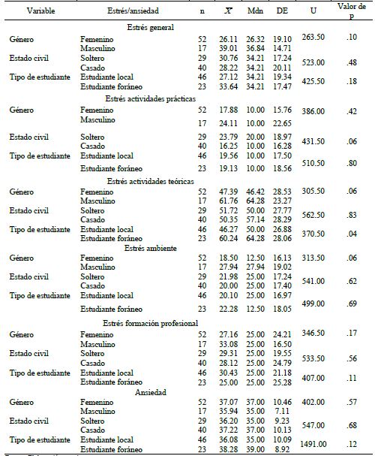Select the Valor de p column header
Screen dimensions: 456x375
click(345, 12)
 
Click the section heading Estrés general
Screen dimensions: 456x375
click(150, 28)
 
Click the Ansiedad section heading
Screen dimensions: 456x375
click(150, 391)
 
